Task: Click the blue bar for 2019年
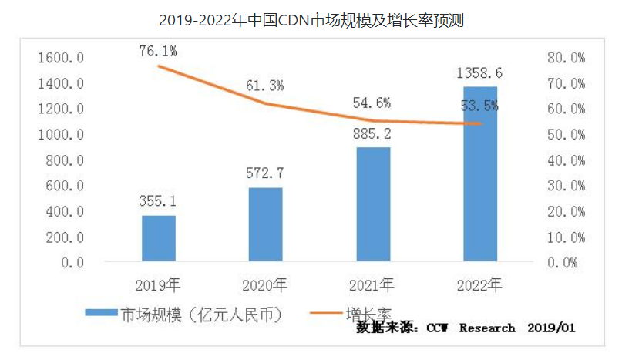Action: [158, 238]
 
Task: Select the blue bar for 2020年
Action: [265, 224]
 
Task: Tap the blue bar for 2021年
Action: [372, 204]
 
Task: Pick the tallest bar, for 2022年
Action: [479, 174]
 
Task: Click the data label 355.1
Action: [158, 202]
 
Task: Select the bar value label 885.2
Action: [372, 133]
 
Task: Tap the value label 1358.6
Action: [479, 74]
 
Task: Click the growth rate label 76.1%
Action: [159, 51]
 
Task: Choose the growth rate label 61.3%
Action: [265, 86]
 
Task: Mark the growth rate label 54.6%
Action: [372, 102]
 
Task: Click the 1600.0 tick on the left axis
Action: [60, 58]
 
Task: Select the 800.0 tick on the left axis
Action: [64, 160]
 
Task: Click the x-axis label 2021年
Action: [372, 286]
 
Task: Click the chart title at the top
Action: [311, 19]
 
